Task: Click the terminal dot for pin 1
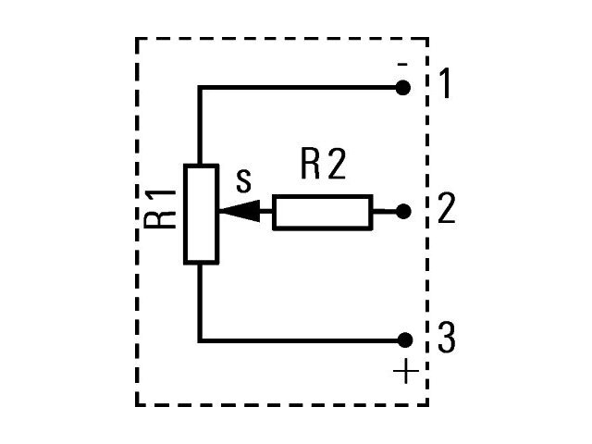tap(403, 88)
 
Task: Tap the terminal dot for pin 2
tap(403, 212)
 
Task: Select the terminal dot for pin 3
tap(405, 340)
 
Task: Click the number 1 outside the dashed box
tap(446, 83)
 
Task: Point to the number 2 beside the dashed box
tap(446, 208)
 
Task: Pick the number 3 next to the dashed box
tap(447, 338)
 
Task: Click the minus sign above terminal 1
tap(402, 64)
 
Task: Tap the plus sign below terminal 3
tap(406, 371)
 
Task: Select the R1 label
tap(160, 209)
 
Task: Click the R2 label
tap(323, 165)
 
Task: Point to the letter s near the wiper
tap(243, 181)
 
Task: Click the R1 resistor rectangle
tap(202, 214)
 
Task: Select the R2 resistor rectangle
tap(323, 212)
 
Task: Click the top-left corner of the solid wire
tap(200, 88)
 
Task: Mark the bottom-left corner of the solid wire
tap(200, 341)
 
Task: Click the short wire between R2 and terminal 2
tap(385, 212)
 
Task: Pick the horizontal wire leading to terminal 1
tap(298, 88)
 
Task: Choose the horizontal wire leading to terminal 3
tap(298, 341)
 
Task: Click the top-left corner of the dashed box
tap(137, 39)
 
